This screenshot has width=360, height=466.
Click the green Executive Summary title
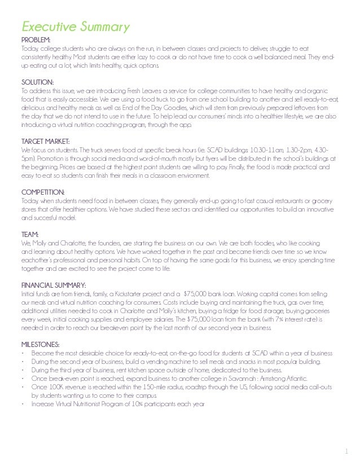[x=75, y=27]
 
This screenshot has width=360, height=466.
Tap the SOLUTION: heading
[x=38, y=82]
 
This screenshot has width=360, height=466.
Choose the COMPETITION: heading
[x=43, y=192]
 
